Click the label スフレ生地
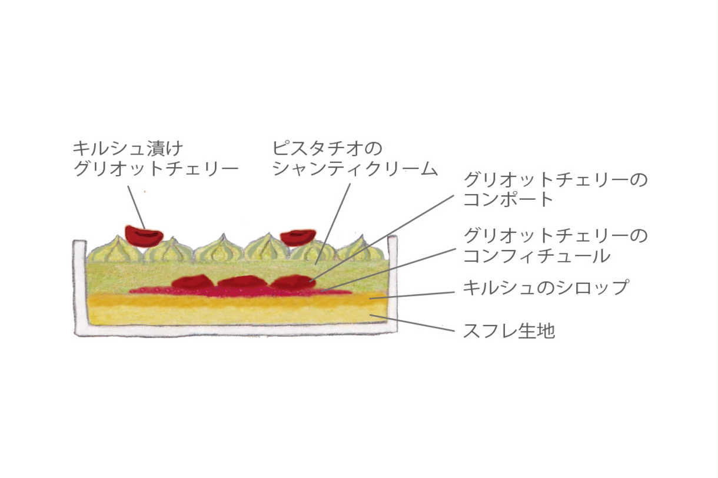pyautogui.click(x=509, y=331)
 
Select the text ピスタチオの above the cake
pyautogui.click(x=327, y=149)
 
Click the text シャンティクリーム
pyautogui.click(x=355, y=169)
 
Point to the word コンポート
pyautogui.click(x=508, y=199)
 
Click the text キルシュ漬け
pyautogui.click(x=128, y=149)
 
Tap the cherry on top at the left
pyautogui.click(x=144, y=236)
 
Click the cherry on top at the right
pyautogui.click(x=298, y=238)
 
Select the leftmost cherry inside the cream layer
pyautogui.click(x=192, y=282)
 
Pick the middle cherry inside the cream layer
pyautogui.click(x=242, y=282)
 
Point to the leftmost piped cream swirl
pyautogui.click(x=115, y=249)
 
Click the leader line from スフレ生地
pyautogui.click(x=412, y=323)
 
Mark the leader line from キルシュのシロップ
pyautogui.click(x=412, y=295)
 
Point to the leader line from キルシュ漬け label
pyautogui.click(x=137, y=208)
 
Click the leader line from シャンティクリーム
pyautogui.click(x=333, y=224)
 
